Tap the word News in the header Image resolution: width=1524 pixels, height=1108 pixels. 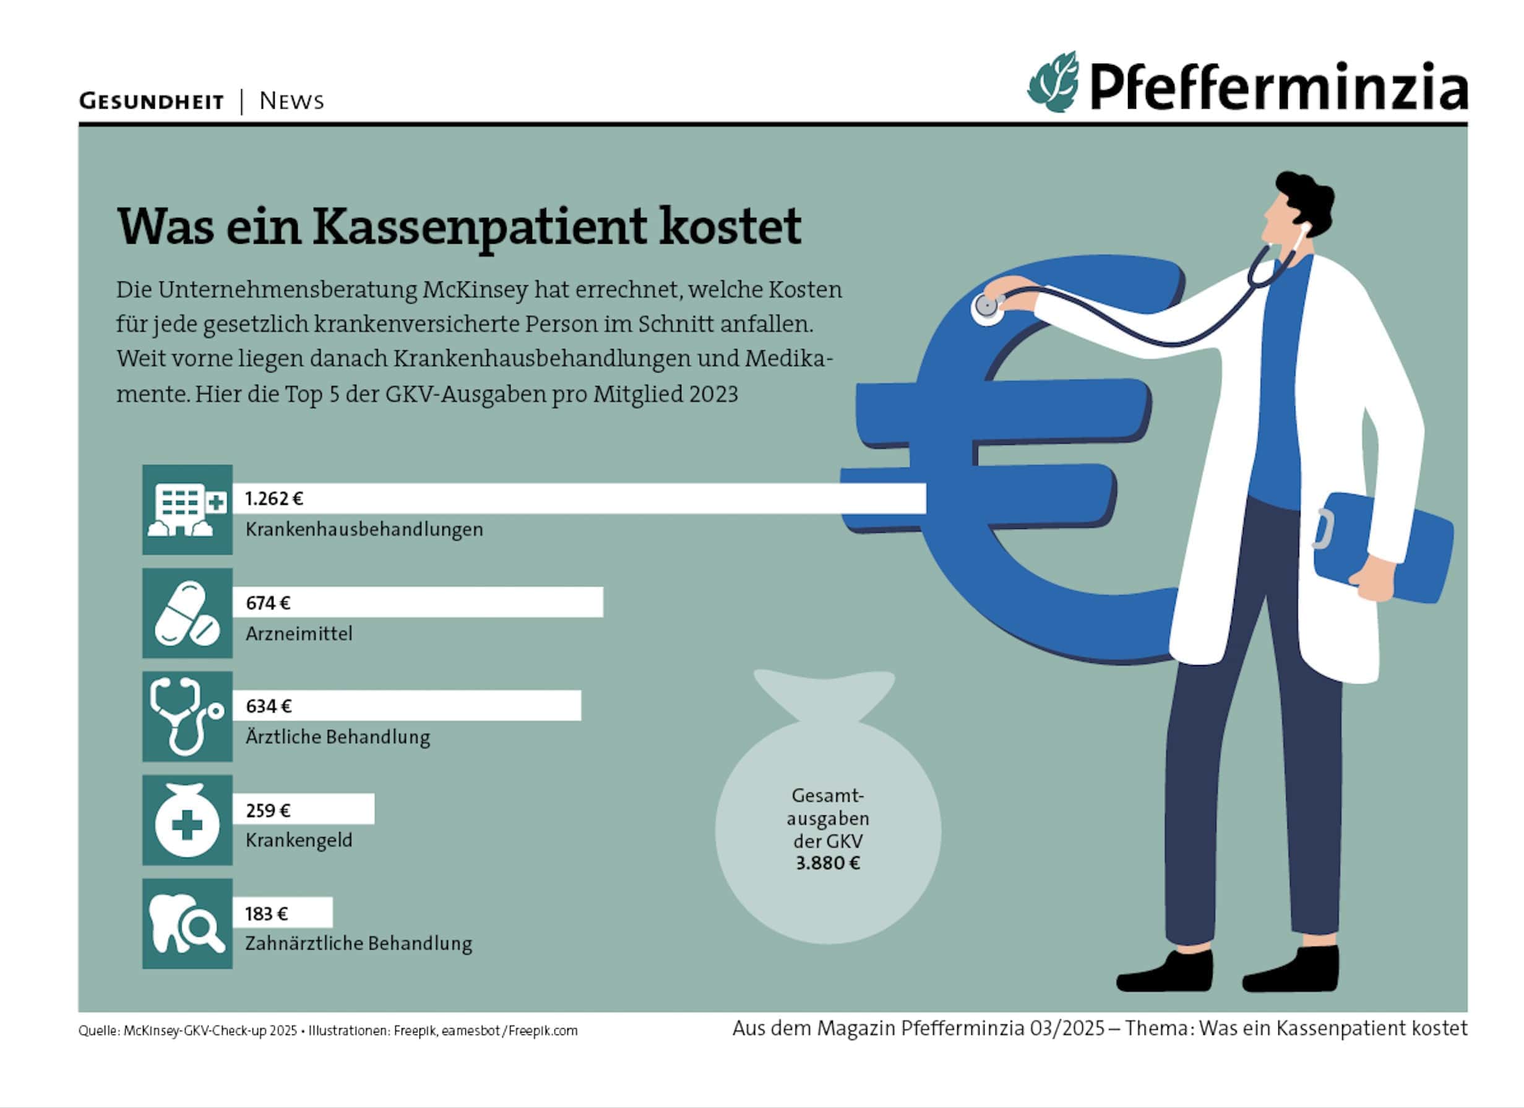point(291,101)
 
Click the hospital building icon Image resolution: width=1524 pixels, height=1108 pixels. point(187,509)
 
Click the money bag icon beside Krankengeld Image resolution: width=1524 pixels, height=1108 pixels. point(187,820)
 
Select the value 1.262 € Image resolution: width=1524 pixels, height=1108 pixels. point(273,499)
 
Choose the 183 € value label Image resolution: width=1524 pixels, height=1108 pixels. point(266,913)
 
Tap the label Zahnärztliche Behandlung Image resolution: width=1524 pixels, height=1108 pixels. point(358,943)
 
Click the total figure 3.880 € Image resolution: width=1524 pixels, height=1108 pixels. point(827,863)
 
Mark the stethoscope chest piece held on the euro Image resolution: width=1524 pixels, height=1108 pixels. point(986,306)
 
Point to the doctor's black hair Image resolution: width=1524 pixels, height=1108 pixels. point(1307,198)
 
